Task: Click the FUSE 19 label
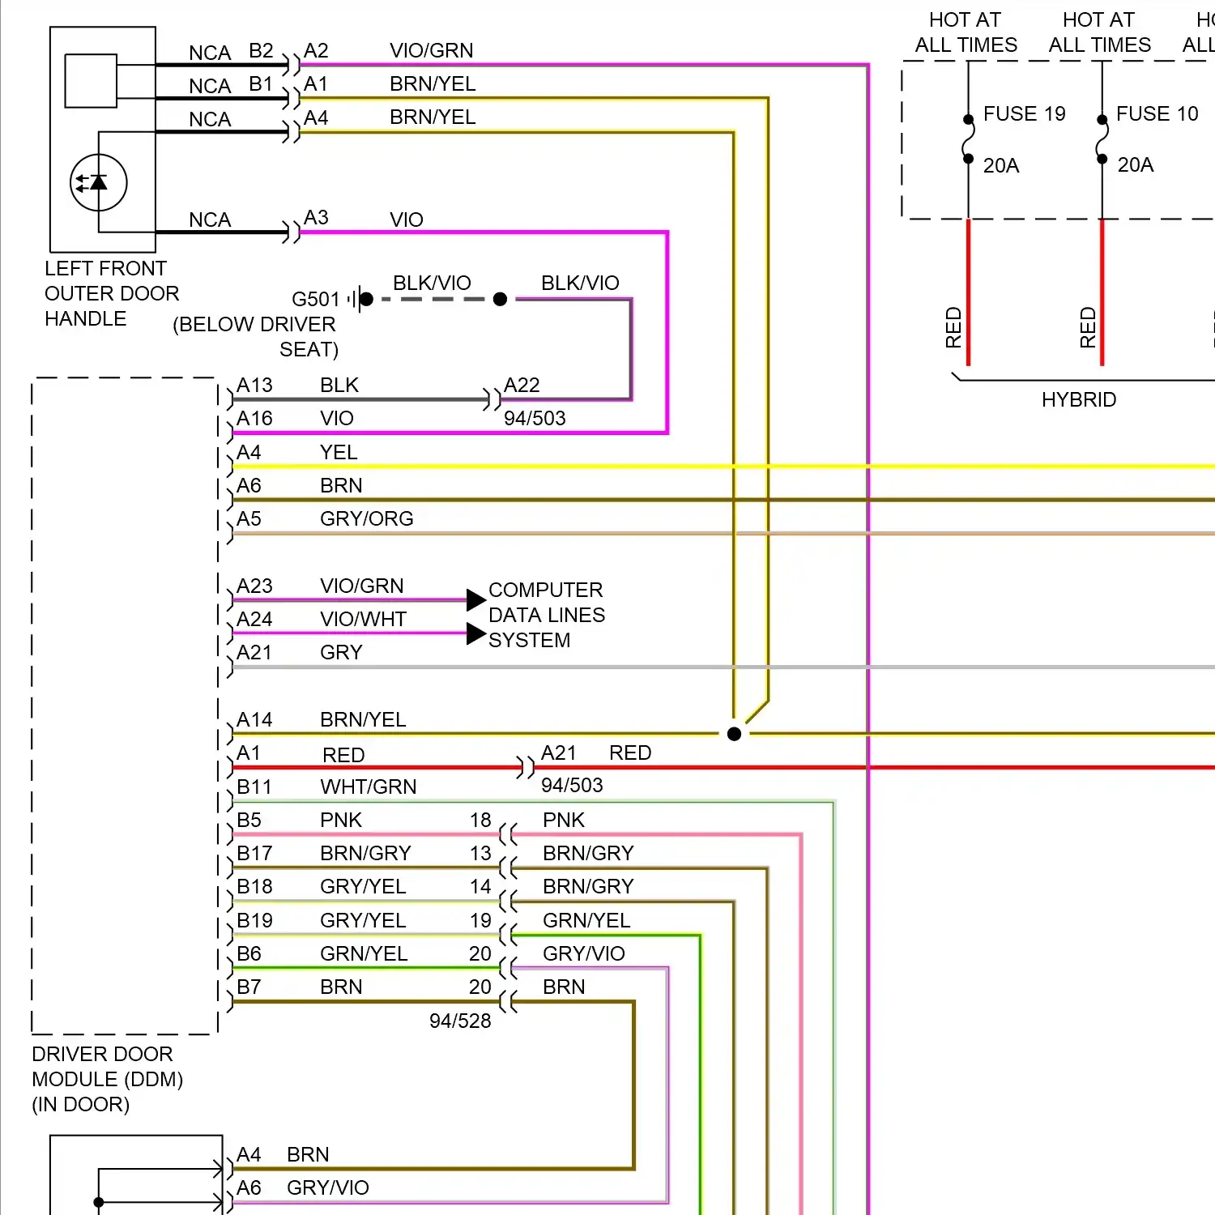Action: pyautogui.click(x=1024, y=114)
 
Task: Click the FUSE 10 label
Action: pyautogui.click(x=1157, y=114)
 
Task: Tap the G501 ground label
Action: pyautogui.click(x=315, y=299)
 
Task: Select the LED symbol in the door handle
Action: pyautogui.click(x=99, y=183)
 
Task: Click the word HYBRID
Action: pyautogui.click(x=1078, y=399)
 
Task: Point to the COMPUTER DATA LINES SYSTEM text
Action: pyautogui.click(x=546, y=615)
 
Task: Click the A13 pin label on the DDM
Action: pyautogui.click(x=254, y=386)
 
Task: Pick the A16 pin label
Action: pyautogui.click(x=254, y=419)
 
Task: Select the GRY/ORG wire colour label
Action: pyautogui.click(x=366, y=519)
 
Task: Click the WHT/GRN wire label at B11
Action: pyautogui.click(x=368, y=787)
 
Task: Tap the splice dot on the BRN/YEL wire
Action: pyautogui.click(x=734, y=734)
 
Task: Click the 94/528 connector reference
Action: pyautogui.click(x=460, y=1021)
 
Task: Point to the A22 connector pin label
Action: pyautogui.click(x=522, y=386)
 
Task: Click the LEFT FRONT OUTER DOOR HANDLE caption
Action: pyautogui.click(x=111, y=293)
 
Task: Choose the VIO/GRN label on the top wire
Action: pyautogui.click(x=431, y=51)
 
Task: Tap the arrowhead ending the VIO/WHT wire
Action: pyautogui.click(x=476, y=633)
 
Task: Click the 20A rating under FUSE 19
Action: pyautogui.click(x=1000, y=166)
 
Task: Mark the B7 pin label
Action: pyautogui.click(x=249, y=987)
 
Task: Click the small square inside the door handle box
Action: pyautogui.click(x=91, y=81)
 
